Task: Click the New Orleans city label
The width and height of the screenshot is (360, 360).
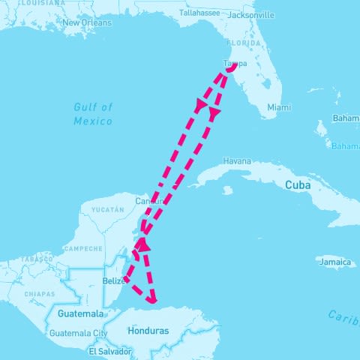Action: click(x=87, y=23)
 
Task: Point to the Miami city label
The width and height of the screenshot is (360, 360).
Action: click(x=278, y=108)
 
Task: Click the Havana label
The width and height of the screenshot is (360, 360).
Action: click(x=236, y=161)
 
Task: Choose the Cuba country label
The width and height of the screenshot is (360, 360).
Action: click(x=297, y=184)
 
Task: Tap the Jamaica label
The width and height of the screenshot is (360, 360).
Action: click(x=334, y=262)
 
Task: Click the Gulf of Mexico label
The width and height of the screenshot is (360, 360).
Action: click(x=94, y=115)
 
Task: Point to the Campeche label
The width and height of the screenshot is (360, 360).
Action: click(x=83, y=248)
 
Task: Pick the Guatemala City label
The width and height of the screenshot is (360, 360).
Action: click(x=79, y=333)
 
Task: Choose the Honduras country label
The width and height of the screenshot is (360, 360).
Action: click(x=148, y=331)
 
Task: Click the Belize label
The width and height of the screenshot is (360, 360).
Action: click(x=112, y=281)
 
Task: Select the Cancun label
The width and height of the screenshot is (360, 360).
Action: click(x=149, y=201)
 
